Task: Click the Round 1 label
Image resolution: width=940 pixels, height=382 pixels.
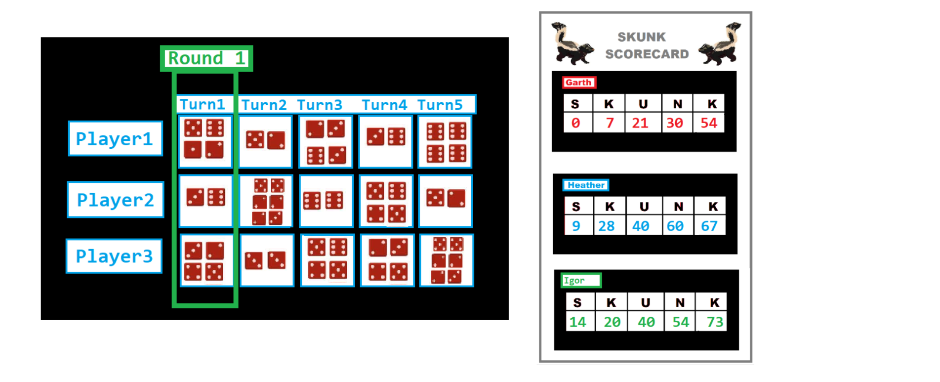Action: coord(206,58)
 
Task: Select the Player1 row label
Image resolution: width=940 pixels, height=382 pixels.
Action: coord(115,139)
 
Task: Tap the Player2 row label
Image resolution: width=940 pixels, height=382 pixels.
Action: coord(116,200)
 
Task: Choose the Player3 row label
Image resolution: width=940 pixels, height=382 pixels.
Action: coord(114,256)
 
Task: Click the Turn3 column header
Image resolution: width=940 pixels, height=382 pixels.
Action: coord(320,105)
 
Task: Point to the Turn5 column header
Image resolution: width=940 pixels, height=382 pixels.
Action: coord(440,105)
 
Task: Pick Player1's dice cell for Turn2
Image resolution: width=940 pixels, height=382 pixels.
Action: coord(266,141)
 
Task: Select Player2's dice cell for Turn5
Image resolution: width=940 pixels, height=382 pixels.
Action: coord(446,201)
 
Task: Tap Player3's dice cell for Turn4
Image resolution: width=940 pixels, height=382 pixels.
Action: coord(387,260)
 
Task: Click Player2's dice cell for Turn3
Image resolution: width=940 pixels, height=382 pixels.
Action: coord(326,201)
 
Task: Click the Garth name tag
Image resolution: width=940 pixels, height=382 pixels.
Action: coord(579,83)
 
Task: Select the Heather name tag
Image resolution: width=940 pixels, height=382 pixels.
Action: coord(586,185)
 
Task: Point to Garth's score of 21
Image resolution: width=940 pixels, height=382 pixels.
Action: coord(641,123)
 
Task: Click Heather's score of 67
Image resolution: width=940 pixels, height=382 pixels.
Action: coord(709,226)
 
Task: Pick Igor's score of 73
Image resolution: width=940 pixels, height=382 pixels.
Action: coord(715,322)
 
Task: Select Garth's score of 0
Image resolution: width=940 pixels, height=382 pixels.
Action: coord(576,123)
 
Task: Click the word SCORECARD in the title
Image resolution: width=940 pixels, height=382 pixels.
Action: coord(647,54)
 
